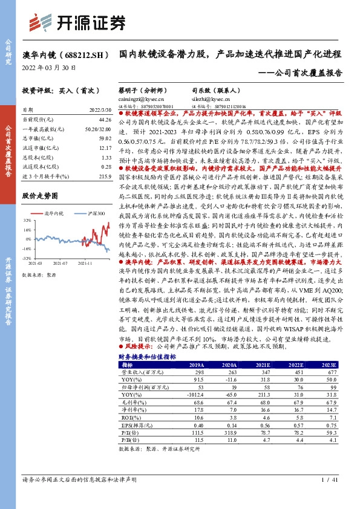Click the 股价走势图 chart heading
pos(40,196)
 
